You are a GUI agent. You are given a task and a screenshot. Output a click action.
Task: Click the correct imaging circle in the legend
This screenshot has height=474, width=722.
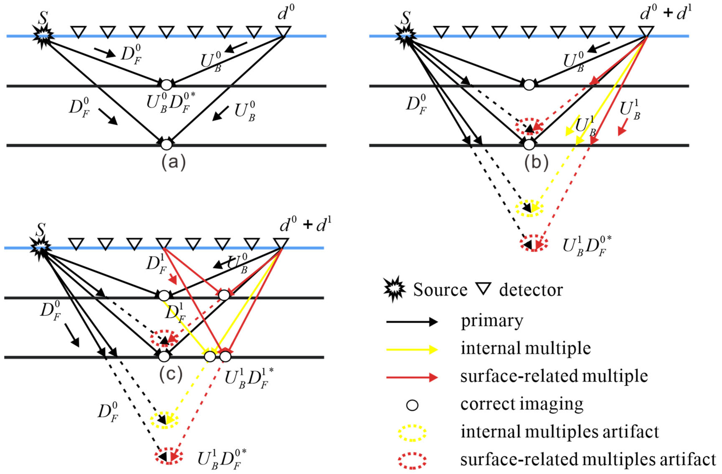coord(412,405)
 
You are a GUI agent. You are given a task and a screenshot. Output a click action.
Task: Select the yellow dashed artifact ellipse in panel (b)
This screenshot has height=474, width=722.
coord(529,208)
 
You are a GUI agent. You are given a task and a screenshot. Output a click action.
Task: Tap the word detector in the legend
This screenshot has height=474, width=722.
coord(531,290)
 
